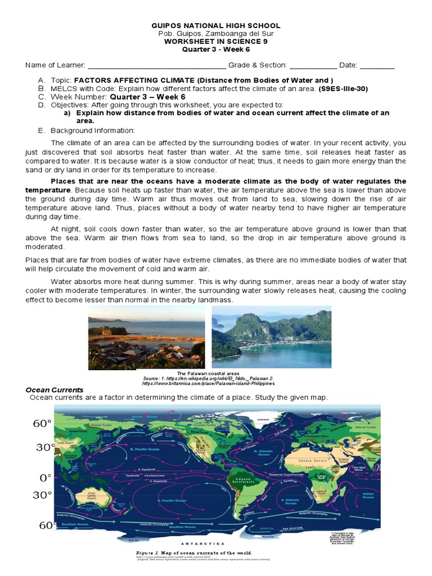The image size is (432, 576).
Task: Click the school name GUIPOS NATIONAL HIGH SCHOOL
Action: (216, 26)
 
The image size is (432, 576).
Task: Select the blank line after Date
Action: (377, 66)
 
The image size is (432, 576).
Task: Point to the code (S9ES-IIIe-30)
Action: (343, 89)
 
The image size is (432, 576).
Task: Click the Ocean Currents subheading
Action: (55, 390)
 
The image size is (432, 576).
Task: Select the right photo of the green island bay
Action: (271, 337)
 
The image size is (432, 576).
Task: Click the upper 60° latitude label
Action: (42, 424)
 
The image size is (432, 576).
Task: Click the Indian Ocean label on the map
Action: (367, 496)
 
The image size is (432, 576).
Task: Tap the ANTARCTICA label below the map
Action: (202, 544)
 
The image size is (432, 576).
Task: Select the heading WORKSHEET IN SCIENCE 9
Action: (216, 41)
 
